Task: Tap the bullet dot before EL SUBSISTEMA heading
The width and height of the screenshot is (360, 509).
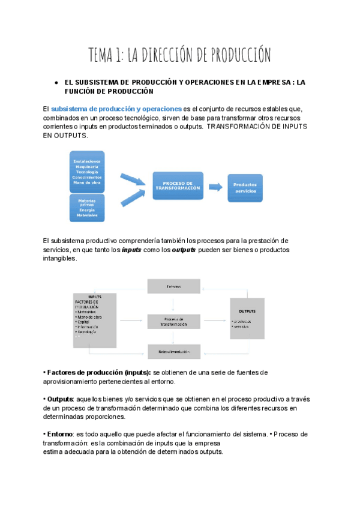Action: click(55, 82)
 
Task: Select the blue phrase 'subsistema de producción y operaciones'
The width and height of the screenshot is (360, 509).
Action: click(116, 109)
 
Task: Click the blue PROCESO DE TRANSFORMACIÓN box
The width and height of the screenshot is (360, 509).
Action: click(178, 185)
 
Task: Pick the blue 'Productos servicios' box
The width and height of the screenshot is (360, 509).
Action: click(245, 187)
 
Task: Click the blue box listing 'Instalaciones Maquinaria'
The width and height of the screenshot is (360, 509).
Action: click(87, 171)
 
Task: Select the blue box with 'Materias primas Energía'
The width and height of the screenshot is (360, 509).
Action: click(87, 208)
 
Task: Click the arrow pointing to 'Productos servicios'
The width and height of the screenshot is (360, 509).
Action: click(215, 187)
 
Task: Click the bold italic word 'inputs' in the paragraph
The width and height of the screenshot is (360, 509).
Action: click(131, 250)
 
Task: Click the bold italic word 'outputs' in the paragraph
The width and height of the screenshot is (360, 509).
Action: click(184, 250)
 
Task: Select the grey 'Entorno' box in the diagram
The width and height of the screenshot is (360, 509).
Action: click(174, 286)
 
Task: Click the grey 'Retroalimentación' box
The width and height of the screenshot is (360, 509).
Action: click(174, 352)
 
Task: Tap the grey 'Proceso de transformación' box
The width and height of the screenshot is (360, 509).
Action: click(174, 321)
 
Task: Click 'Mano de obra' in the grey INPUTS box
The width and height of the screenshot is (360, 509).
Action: click(89, 316)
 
